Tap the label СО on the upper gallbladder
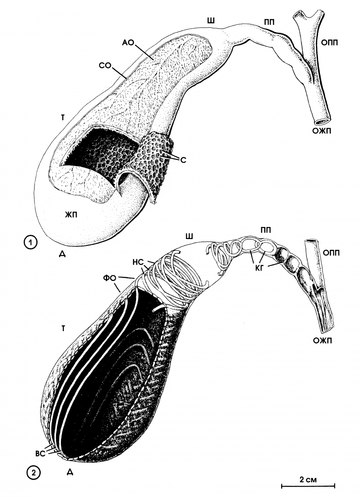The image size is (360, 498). click(105, 66)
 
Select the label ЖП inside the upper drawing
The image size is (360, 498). click(71, 215)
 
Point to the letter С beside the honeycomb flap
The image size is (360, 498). click(183, 160)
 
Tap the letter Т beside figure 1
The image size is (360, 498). click(63, 118)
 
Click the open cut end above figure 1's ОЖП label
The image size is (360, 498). click(322, 121)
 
